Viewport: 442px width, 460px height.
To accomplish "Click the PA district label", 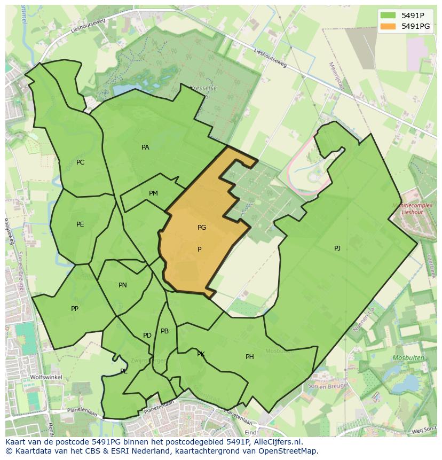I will pyautogui.click(x=145, y=147).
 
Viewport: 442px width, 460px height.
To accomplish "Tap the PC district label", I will pyautogui.click(x=80, y=162).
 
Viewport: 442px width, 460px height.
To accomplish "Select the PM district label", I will pyautogui.click(x=153, y=193).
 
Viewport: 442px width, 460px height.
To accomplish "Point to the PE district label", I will pyautogui.click(x=80, y=224).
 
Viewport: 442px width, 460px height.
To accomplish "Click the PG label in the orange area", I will pyautogui.click(x=201, y=228).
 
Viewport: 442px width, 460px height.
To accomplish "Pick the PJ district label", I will pyautogui.click(x=337, y=248).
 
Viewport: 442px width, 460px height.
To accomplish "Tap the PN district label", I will pyautogui.click(x=123, y=285).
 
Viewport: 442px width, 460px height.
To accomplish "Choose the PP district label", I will pyautogui.click(x=75, y=309).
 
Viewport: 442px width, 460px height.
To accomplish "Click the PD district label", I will pyautogui.click(x=147, y=336).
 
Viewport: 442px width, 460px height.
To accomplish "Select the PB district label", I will pyautogui.click(x=164, y=331).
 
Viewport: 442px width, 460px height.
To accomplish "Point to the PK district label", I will pyautogui.click(x=201, y=354).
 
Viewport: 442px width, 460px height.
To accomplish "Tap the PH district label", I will pyautogui.click(x=249, y=357).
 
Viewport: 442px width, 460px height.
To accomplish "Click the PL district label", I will pyautogui.click(x=123, y=371).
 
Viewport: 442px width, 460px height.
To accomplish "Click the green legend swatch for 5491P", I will pyautogui.click(x=388, y=15).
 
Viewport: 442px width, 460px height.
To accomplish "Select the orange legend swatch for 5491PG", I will pyautogui.click(x=388, y=26).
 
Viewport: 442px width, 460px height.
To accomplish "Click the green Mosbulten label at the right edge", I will pyautogui.click(x=408, y=357).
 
